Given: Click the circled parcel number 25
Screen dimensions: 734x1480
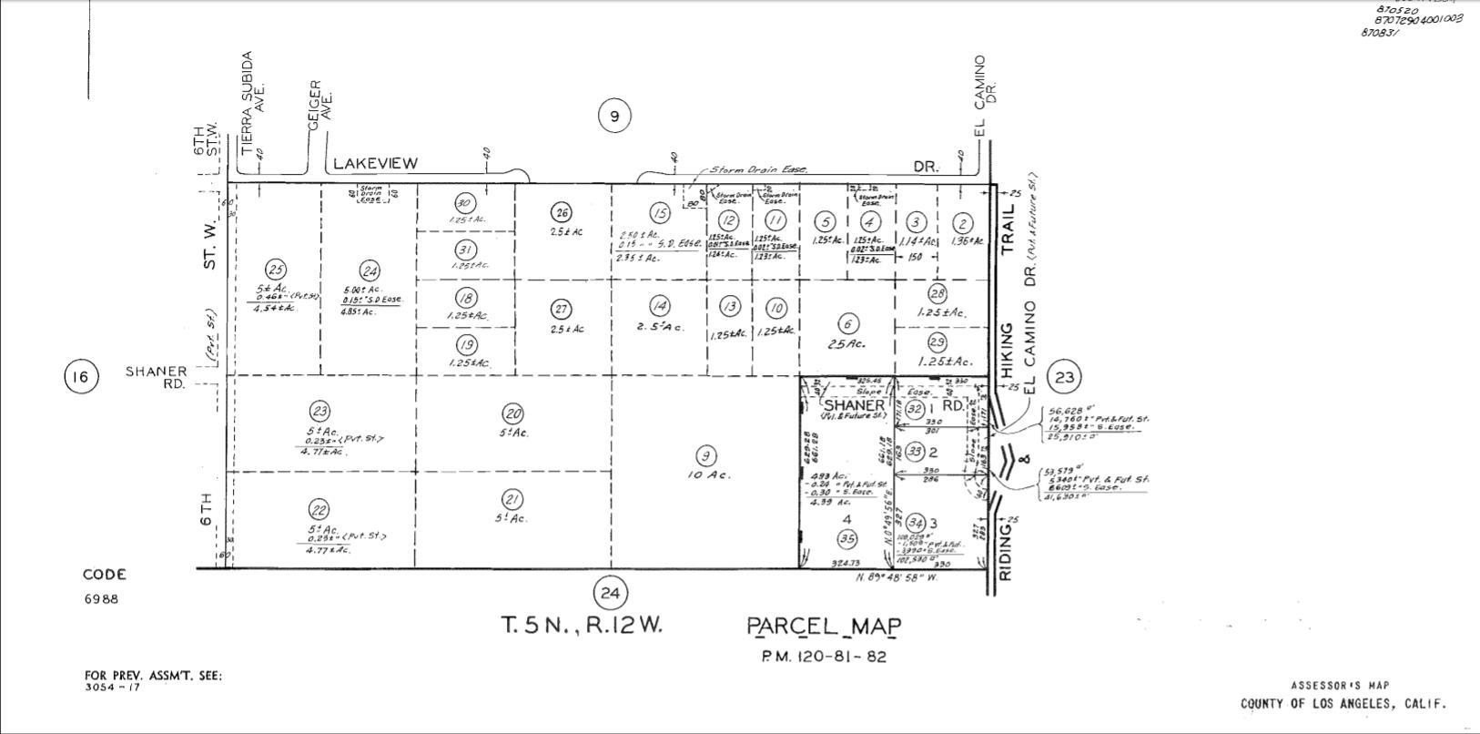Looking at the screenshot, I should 276,270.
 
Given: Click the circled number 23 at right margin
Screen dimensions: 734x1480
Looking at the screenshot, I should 1064,376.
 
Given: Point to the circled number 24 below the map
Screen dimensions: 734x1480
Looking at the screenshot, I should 609,594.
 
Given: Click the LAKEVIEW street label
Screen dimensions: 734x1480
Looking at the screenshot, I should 375,163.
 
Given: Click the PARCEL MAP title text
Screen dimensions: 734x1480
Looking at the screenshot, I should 824,627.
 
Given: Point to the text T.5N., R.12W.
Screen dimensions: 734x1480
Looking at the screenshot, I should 583,626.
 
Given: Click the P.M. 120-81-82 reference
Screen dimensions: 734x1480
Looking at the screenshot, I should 824,657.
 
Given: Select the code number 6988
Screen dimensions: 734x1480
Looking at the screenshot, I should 101,599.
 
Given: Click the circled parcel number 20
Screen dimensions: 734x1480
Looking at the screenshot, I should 512,413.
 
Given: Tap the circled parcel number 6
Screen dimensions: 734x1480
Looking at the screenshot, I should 847,324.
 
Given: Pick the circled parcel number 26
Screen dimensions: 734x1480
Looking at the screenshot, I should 561,213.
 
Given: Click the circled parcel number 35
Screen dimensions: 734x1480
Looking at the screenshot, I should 847,537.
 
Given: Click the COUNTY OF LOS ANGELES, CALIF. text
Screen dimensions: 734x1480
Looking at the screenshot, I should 1343,704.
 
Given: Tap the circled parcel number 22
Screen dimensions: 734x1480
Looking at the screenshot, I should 319,510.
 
